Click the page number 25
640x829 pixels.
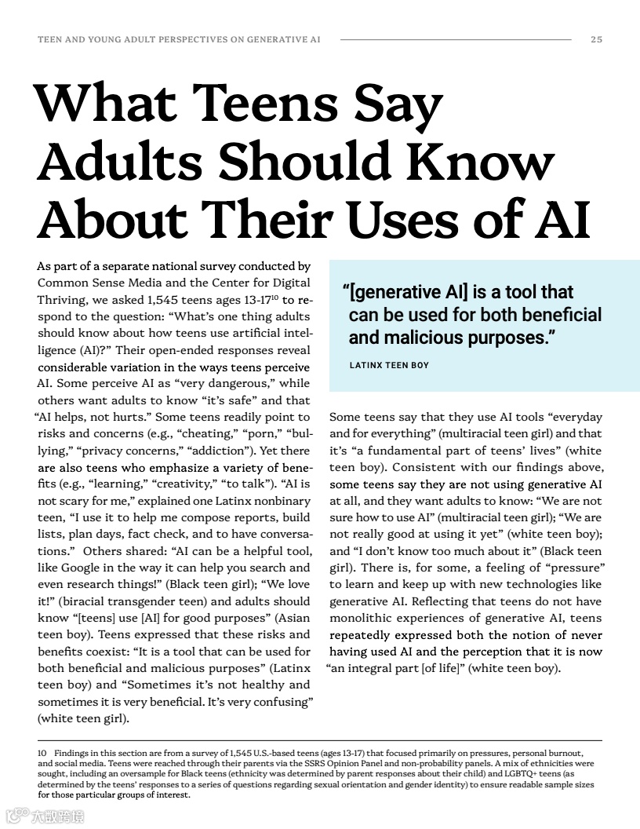tap(596, 39)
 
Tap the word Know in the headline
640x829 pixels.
tap(483, 161)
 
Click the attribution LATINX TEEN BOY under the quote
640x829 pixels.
tap(389, 365)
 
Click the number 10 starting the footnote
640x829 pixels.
tap(42, 753)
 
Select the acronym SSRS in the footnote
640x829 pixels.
tap(296, 763)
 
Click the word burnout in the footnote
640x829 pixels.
tap(560, 753)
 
